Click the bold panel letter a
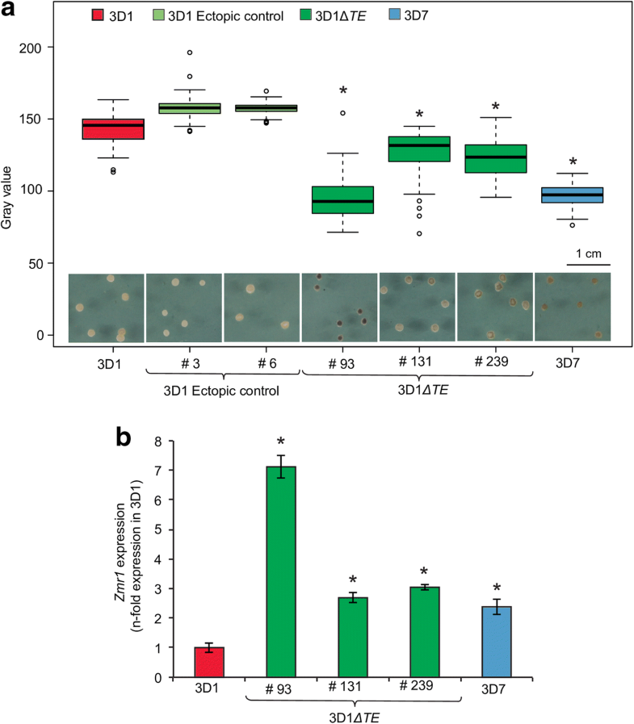pos(10,11)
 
